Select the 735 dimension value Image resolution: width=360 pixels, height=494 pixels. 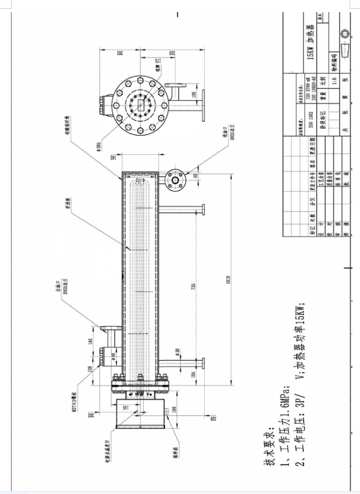pos(194,286)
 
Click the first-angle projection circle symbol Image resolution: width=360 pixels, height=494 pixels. pos(345,33)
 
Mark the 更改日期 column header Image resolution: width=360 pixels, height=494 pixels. pos(312,142)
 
